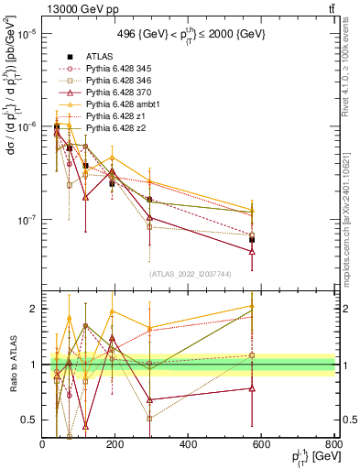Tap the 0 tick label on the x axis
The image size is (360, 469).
point(43,446)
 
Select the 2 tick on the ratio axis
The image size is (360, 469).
point(34,309)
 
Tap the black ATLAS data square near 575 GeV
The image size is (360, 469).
point(252,239)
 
